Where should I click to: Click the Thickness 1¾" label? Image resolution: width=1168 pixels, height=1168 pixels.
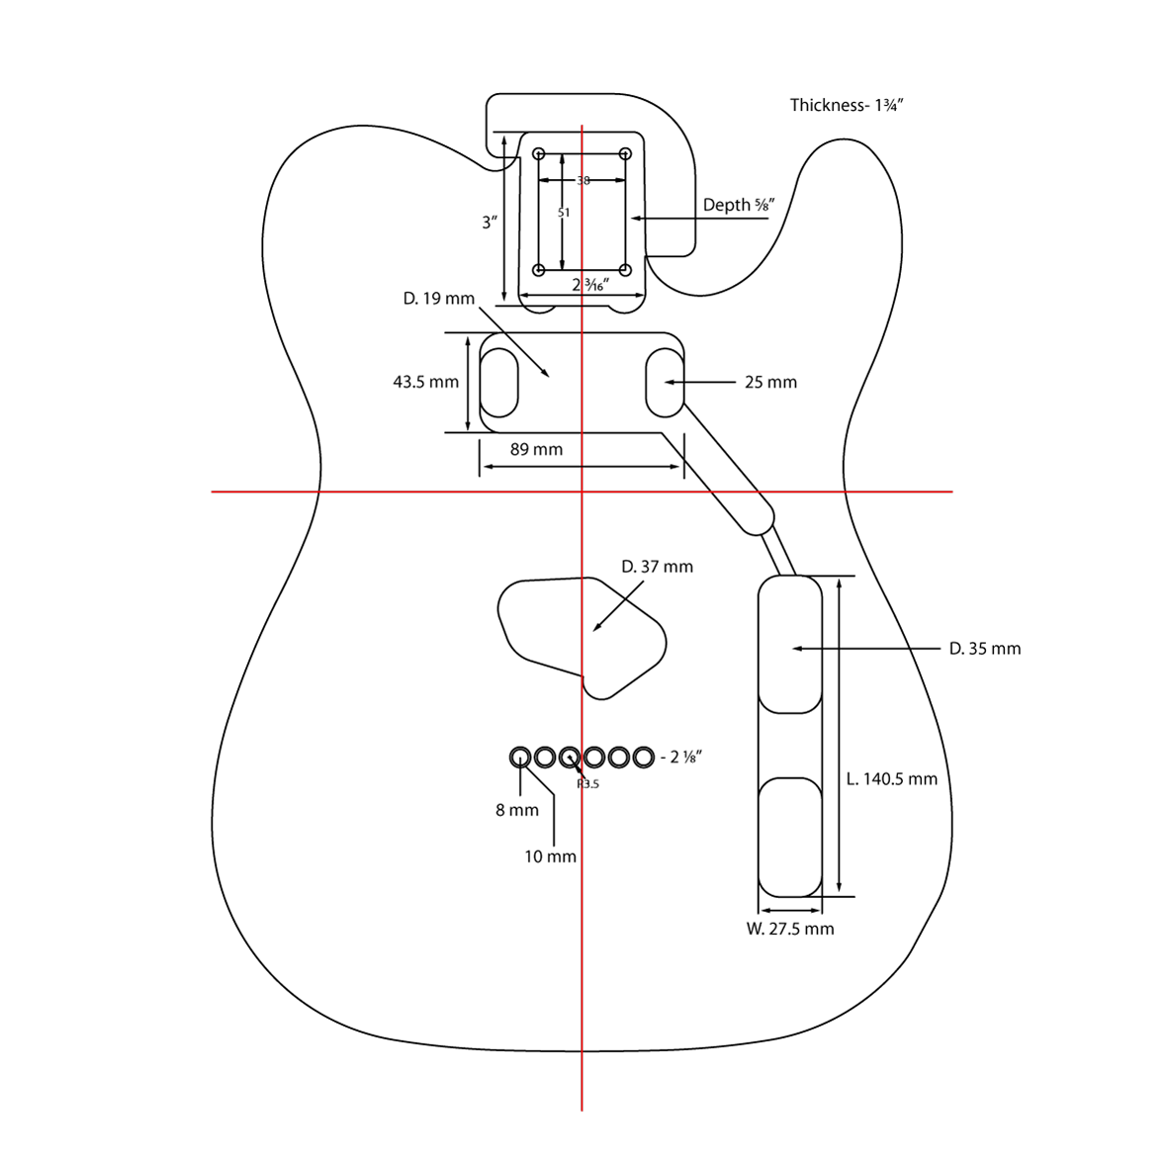point(847,106)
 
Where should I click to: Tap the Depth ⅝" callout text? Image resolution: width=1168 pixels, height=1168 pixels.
point(738,205)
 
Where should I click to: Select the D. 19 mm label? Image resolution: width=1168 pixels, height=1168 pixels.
point(439,299)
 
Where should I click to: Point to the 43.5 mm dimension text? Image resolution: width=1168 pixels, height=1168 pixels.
point(425,382)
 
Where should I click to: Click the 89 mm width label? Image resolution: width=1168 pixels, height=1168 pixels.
point(536,449)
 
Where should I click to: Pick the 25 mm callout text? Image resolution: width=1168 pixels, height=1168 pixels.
point(770,383)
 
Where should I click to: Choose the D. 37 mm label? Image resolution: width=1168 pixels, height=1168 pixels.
point(657,567)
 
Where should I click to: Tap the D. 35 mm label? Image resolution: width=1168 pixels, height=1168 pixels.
point(984,649)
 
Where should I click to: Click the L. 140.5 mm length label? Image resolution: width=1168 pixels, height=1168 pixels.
point(892,779)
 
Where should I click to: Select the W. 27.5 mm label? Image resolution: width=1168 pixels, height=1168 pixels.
point(789,929)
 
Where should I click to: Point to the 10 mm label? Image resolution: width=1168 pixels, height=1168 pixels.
point(550,856)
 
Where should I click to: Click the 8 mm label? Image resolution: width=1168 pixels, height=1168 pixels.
point(517,810)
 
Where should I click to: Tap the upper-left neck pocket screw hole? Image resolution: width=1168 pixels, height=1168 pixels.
point(539,153)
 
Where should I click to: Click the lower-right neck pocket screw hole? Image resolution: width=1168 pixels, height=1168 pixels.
point(625,270)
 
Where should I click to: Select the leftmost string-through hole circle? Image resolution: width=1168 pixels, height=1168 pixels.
point(520,758)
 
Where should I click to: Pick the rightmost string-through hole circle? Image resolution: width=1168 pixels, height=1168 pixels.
point(643,758)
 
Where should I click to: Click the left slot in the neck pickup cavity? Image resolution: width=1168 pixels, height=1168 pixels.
point(499,383)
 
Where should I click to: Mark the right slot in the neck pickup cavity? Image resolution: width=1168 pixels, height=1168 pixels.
point(665,383)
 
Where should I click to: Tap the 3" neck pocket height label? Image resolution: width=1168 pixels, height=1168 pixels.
point(489,224)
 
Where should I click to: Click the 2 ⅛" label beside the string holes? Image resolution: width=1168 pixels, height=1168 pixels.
point(685,758)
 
